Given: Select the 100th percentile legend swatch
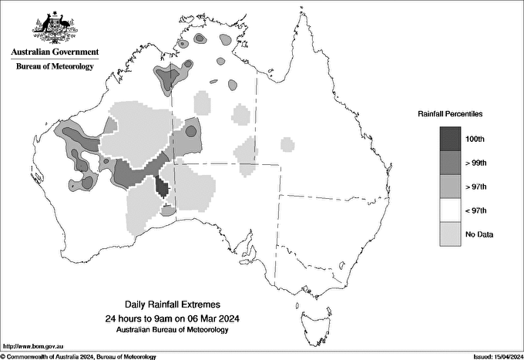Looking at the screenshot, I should click(451, 138).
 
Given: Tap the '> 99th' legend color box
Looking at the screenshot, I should click(451, 162).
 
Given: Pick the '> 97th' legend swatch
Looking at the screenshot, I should click(451, 186).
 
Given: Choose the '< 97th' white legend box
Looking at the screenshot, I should click(451, 210).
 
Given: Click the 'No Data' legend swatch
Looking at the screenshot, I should click(451, 234).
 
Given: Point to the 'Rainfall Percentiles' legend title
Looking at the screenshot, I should click(450, 114).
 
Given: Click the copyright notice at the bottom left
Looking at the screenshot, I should click(79, 356).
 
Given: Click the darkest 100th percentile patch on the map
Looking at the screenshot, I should click(162, 187).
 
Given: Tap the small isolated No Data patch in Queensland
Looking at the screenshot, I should click(287, 143).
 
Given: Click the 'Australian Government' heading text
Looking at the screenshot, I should click(55, 52).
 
